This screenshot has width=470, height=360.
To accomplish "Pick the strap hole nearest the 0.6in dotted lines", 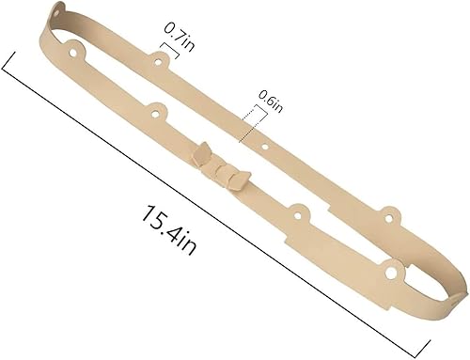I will (x=265, y=146).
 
